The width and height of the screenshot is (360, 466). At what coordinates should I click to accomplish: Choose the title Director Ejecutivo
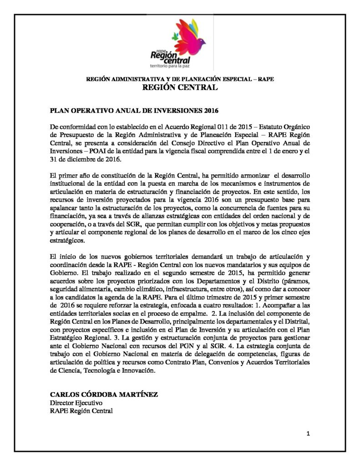[x=76, y=403]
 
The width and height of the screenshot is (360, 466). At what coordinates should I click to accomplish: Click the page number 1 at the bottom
[x=308, y=434]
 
